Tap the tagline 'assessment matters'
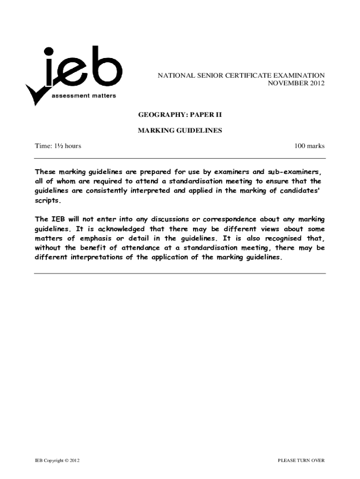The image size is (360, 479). [x=84, y=96]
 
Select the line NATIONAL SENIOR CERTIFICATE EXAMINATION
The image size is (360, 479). [x=241, y=75]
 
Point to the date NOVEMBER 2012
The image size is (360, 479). [x=295, y=83]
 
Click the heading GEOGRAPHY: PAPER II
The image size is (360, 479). [x=180, y=114]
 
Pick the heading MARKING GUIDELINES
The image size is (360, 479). [x=180, y=131]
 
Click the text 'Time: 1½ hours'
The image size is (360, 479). [x=58, y=146]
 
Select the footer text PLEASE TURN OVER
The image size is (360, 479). [x=301, y=461]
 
